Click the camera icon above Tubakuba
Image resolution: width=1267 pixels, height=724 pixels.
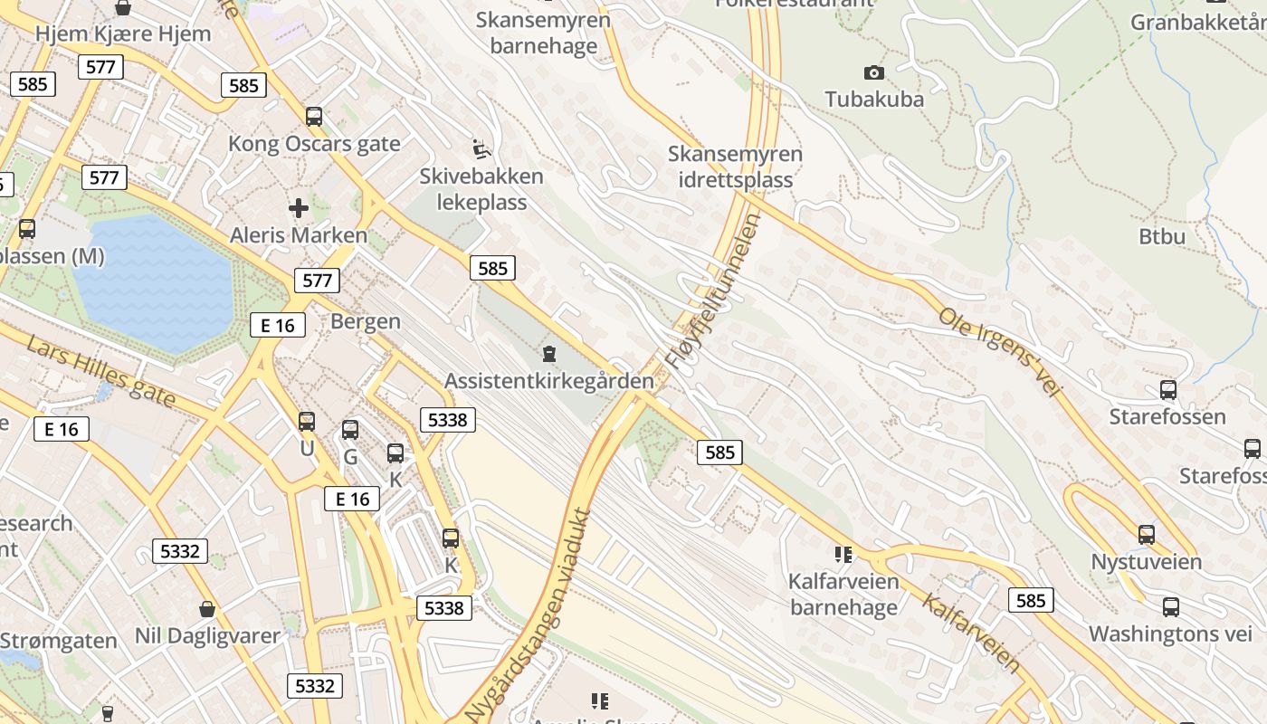pos(874,72)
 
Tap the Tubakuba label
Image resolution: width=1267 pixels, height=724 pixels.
pos(874,99)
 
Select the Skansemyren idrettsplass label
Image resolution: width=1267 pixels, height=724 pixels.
pos(735,167)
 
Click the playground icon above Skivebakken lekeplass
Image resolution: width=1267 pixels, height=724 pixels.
pos(481,148)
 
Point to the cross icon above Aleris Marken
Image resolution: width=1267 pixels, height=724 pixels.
pos(299,208)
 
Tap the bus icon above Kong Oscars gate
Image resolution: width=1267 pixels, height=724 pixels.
pos(314,117)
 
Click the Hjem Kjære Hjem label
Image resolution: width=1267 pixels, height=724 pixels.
pos(123,34)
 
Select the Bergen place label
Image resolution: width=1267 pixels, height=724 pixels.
pos(366,321)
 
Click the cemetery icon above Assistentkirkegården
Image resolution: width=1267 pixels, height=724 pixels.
pos(548,353)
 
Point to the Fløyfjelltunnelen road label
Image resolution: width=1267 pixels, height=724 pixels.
pos(713,291)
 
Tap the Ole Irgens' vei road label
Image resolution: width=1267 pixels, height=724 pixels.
pos(998,352)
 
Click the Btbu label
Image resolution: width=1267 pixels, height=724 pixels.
pos(1162,236)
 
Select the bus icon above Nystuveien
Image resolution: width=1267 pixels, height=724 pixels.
pos(1147,535)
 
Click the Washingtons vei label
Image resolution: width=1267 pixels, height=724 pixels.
pos(1170,633)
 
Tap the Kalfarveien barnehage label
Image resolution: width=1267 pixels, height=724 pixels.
pos(843,594)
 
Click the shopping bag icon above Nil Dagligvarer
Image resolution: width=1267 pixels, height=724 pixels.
pos(207,609)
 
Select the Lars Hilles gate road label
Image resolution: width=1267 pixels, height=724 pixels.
pos(100,372)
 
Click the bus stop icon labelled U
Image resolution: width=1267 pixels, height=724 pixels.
pos(307,422)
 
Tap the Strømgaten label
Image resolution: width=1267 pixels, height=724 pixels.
pos(59,641)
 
